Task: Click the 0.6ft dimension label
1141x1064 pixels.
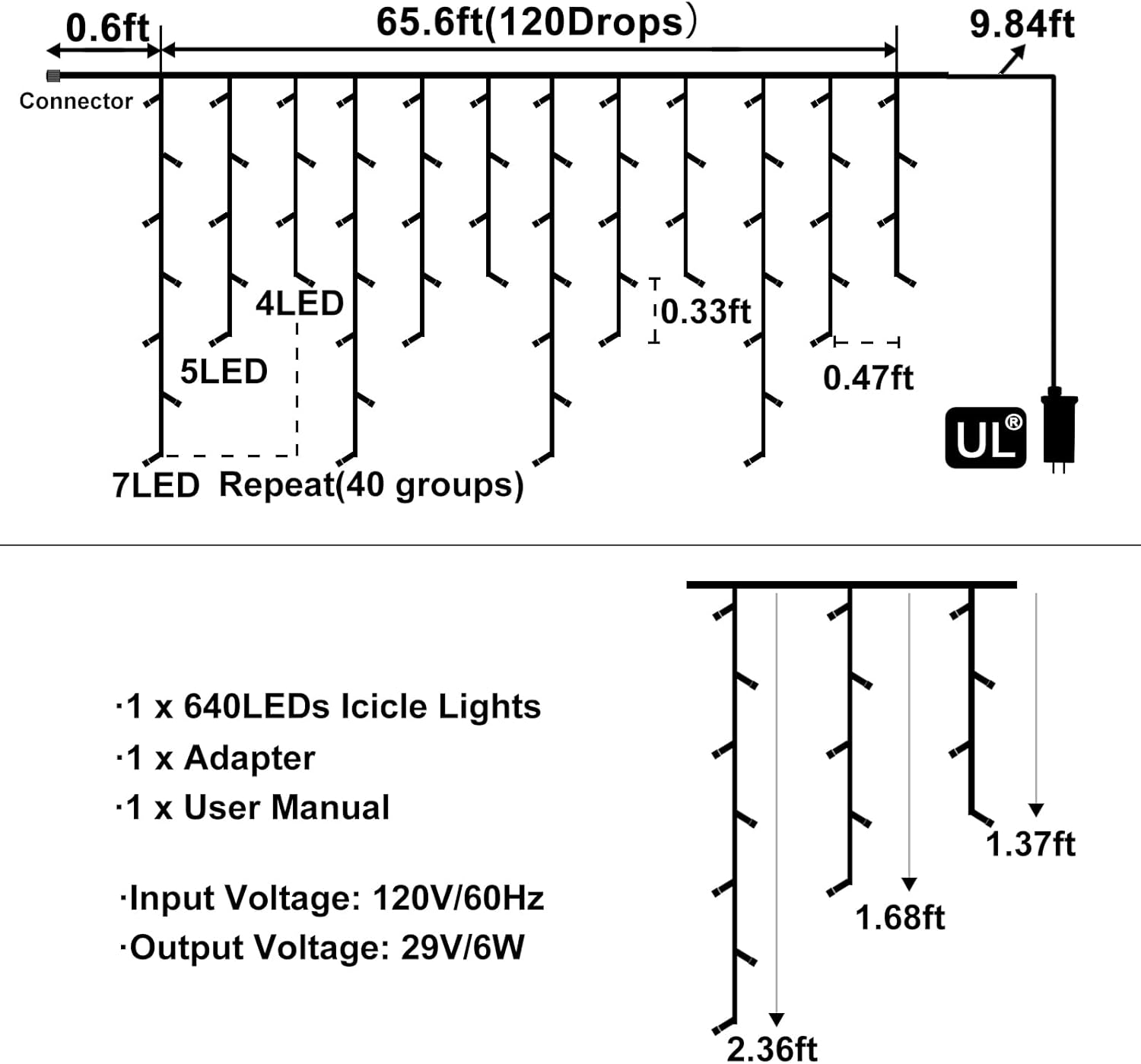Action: [x=107, y=28]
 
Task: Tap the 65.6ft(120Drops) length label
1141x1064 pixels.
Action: [x=536, y=22]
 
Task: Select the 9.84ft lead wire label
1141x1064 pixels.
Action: [x=1021, y=24]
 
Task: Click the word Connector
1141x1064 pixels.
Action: [x=76, y=101]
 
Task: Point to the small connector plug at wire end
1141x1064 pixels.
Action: [x=52, y=76]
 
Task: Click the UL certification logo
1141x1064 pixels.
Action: [x=985, y=438]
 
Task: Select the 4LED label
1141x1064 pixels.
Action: [x=300, y=303]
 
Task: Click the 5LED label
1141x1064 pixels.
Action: [x=224, y=372]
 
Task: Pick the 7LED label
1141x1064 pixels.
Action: [x=156, y=485]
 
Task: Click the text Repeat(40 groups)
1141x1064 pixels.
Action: [x=371, y=485]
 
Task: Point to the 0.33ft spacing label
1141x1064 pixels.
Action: [x=705, y=312]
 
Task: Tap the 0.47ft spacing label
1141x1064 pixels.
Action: [x=868, y=378]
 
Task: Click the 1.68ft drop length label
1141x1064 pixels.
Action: [x=900, y=918]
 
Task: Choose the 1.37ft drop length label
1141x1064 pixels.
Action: [x=1030, y=844]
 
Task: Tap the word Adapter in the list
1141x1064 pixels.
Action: [x=249, y=758]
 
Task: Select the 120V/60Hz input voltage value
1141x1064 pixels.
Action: [x=458, y=898]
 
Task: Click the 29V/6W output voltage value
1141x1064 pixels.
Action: [x=462, y=948]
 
